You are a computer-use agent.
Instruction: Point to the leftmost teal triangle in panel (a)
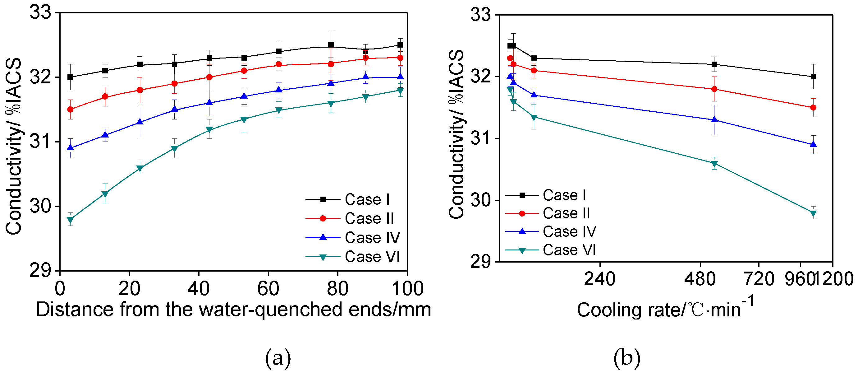click(x=70, y=220)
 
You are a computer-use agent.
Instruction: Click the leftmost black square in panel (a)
click(x=70, y=77)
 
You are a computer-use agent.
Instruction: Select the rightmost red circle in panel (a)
click(x=400, y=58)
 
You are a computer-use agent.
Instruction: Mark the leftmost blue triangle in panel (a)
click(x=70, y=147)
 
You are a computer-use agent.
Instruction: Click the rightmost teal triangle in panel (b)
click(x=813, y=213)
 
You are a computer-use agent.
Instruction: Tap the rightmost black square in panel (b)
click(x=813, y=77)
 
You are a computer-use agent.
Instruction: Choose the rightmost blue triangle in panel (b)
click(x=813, y=144)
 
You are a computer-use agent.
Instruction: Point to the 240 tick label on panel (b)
click(x=599, y=279)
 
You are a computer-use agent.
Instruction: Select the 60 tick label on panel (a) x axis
click(x=268, y=288)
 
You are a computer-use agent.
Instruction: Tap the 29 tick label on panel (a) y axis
click(x=40, y=270)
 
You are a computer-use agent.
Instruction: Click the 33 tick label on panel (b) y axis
click(x=480, y=15)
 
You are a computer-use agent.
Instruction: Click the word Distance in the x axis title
click(x=75, y=309)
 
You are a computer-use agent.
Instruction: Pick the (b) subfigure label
click(x=626, y=358)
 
